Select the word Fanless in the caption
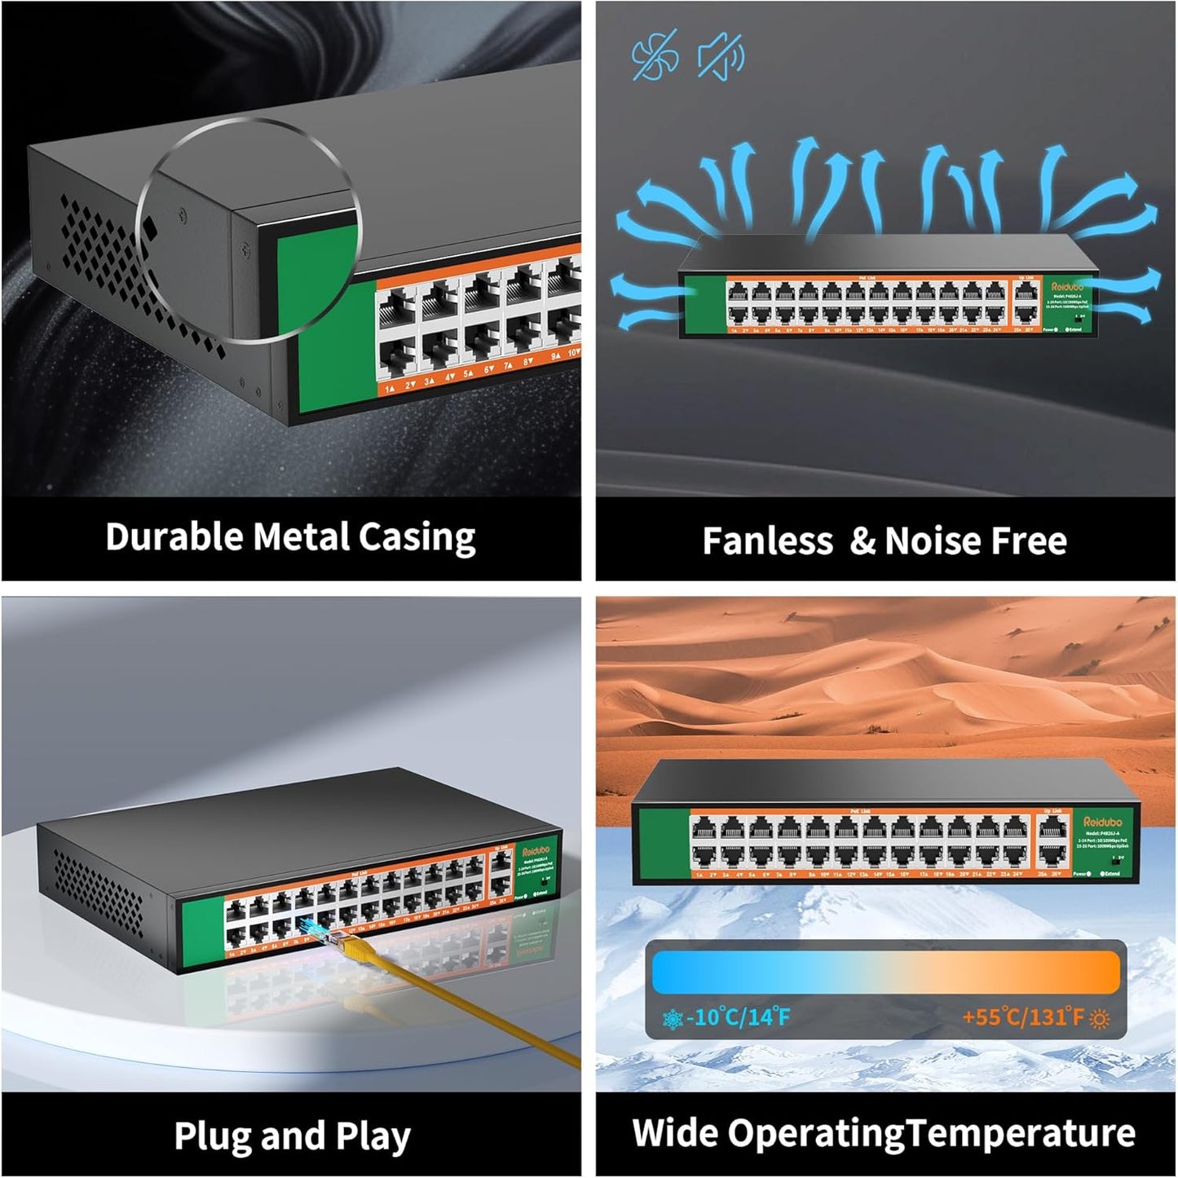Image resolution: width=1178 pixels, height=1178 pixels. (x=767, y=541)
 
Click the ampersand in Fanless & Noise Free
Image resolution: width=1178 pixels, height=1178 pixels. (x=862, y=541)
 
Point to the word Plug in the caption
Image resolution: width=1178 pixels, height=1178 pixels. (x=209, y=1136)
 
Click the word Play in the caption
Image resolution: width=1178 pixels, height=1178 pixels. (x=373, y=1136)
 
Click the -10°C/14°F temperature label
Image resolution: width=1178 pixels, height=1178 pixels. (x=738, y=1017)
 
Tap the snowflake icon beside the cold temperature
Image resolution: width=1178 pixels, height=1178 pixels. (x=673, y=1019)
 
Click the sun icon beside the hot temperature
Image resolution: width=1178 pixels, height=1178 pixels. (x=1100, y=1019)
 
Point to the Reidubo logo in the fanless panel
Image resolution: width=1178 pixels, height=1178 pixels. (x=1066, y=287)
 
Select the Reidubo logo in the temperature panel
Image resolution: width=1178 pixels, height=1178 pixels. (x=1102, y=822)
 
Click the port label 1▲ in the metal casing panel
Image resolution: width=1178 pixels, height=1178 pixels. (x=390, y=389)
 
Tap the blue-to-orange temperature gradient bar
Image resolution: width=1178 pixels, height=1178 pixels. (x=885, y=972)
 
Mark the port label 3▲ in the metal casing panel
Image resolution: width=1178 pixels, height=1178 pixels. (x=429, y=380)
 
